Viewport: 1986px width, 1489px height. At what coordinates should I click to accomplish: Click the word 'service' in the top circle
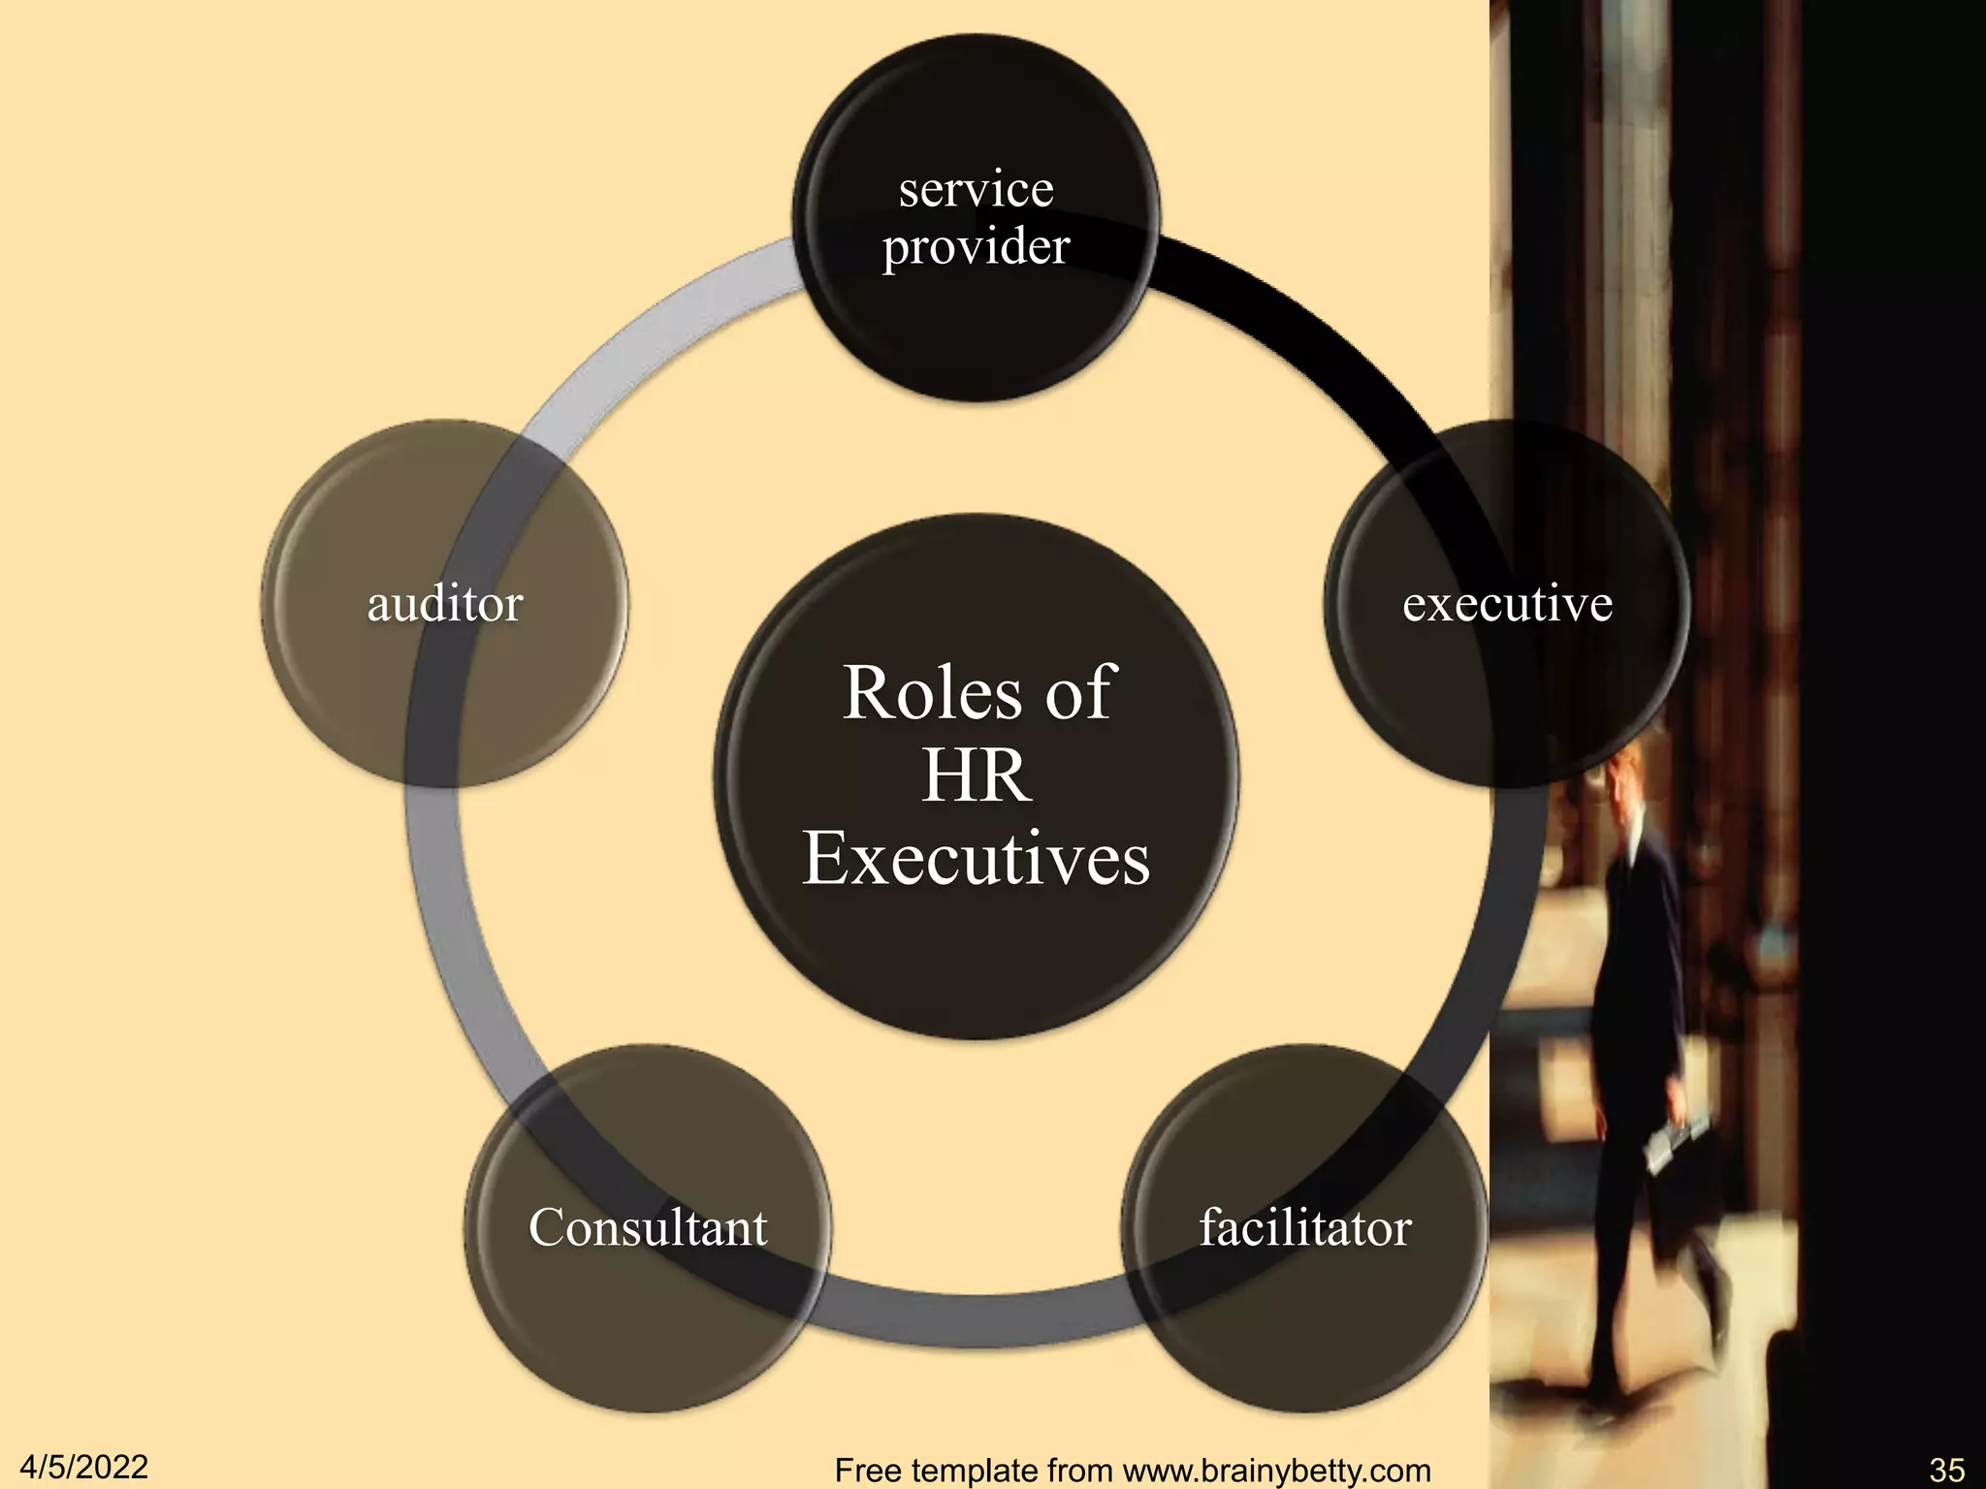coord(976,190)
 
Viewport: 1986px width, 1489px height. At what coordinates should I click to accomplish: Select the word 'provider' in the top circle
coord(976,247)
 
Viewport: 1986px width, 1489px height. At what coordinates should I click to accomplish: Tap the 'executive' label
coord(1507,604)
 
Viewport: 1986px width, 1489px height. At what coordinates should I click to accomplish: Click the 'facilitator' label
coord(1305,1228)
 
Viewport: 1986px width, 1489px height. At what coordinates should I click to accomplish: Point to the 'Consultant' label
coord(648,1228)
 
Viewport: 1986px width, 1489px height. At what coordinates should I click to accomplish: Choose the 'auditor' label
coord(445,604)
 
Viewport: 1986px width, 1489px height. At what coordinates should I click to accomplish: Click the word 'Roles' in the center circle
coord(916,693)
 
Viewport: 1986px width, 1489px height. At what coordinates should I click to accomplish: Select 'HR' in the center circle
coord(976,776)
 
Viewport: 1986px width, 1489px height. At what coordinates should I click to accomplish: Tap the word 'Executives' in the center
coord(976,859)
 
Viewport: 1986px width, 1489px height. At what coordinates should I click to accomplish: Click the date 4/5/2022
coord(84,1467)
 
